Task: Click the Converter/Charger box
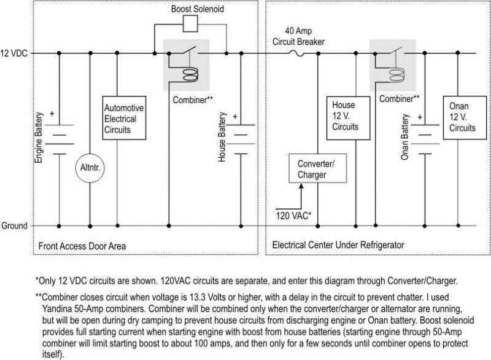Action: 316,169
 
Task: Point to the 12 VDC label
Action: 14,53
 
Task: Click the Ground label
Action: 14,225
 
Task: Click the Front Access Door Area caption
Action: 82,246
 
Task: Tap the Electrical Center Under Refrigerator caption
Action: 338,245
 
